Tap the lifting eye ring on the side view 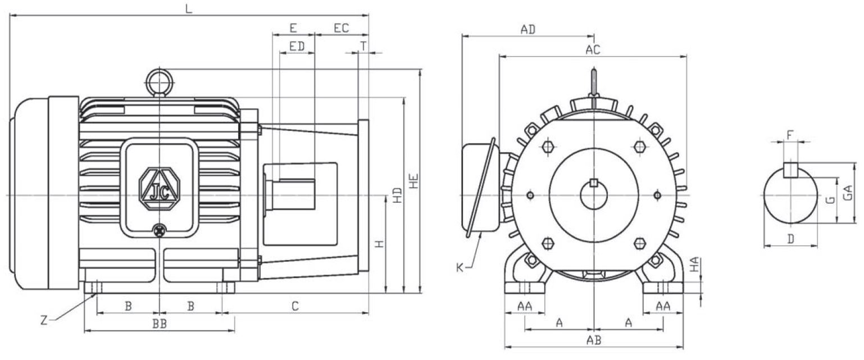160,80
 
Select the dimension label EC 342,28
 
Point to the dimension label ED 297,47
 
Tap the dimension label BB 160,324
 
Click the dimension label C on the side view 295,306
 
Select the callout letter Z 44,321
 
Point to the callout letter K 460,268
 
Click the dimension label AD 528,30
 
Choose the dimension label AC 593,49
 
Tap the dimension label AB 594,340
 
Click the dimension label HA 695,265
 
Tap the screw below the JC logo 160,229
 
